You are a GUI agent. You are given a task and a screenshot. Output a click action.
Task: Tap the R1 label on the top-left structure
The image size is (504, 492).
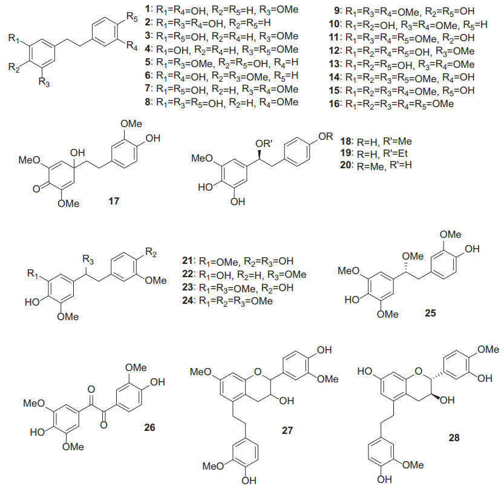13,39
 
